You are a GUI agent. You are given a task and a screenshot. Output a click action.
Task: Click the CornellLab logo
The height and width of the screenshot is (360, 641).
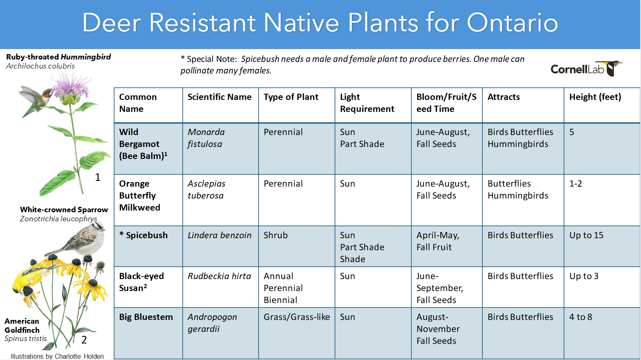coord(586,69)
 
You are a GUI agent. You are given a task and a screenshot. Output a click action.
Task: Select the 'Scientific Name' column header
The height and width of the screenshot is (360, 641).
coord(219,97)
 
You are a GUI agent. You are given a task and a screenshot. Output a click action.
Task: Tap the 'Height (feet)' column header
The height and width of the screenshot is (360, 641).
coord(595,97)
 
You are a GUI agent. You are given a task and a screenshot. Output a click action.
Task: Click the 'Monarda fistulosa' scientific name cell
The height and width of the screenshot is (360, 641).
coord(206,138)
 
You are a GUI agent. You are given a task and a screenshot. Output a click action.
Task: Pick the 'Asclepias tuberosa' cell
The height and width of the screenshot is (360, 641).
coord(207,189)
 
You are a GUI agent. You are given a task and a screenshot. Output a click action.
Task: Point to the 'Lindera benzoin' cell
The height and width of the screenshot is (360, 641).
coord(219,235)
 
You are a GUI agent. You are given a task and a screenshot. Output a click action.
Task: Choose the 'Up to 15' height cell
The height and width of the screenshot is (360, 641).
coord(586,235)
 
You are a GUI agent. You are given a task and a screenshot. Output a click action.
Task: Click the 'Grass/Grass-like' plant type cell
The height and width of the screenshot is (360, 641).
coord(297,317)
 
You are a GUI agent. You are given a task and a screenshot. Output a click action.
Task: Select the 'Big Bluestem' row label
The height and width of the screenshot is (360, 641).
coord(146,317)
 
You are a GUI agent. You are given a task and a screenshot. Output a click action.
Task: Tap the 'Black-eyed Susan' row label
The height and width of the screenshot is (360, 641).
coord(141,282)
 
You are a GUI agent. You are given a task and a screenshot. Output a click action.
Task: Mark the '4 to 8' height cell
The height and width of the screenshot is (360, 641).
coord(581,317)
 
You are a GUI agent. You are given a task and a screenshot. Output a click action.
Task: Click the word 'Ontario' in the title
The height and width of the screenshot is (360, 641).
coord(513,22)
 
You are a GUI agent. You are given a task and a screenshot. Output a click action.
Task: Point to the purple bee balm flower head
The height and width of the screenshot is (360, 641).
coord(71,86)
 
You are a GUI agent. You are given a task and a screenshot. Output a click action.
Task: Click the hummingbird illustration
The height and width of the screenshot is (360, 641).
coord(34,100)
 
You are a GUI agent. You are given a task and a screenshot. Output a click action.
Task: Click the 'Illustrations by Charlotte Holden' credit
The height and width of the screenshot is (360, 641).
coord(57,356)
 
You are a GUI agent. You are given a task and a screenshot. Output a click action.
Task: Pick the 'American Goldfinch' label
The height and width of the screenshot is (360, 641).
coord(22,325)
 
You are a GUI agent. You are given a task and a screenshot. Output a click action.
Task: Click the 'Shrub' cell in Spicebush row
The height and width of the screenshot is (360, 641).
coord(275,235)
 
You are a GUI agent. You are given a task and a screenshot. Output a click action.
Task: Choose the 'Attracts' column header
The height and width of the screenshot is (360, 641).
coord(503,97)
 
